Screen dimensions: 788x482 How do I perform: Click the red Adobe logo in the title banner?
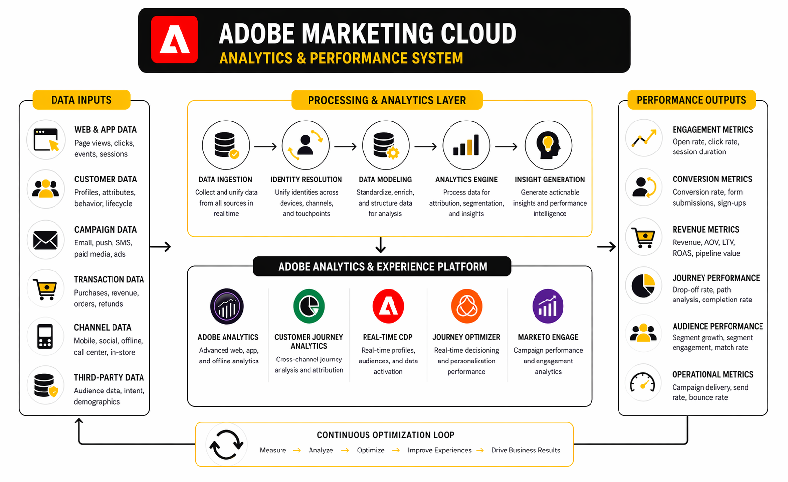[x=174, y=39]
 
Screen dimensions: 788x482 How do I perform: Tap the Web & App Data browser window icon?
[x=46, y=140]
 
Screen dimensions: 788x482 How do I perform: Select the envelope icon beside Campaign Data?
[x=45, y=241]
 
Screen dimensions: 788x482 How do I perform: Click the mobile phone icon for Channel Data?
[x=45, y=336]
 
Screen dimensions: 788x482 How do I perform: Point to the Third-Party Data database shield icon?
[x=46, y=385]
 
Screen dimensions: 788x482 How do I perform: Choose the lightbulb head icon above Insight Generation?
[x=548, y=146]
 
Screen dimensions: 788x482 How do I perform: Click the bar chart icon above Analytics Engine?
[x=466, y=145]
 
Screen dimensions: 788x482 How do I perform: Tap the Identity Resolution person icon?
[x=306, y=145]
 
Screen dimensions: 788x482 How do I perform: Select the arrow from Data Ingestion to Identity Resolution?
[x=265, y=146]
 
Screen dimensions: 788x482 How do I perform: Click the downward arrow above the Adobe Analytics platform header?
[x=380, y=245]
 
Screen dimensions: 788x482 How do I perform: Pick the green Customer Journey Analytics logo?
[x=309, y=306]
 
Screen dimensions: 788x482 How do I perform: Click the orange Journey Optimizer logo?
[x=467, y=306]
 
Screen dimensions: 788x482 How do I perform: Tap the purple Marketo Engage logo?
[x=548, y=306]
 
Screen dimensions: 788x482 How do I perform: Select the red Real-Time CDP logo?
[x=388, y=306]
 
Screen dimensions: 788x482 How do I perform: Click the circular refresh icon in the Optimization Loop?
[x=226, y=445]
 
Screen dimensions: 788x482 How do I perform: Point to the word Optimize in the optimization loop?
[x=370, y=450]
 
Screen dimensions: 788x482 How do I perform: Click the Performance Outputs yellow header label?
[x=691, y=100]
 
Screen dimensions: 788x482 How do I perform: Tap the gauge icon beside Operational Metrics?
[x=643, y=383]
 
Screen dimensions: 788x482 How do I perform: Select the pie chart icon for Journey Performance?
[x=643, y=286]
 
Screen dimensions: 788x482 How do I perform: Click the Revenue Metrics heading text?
[x=705, y=230]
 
